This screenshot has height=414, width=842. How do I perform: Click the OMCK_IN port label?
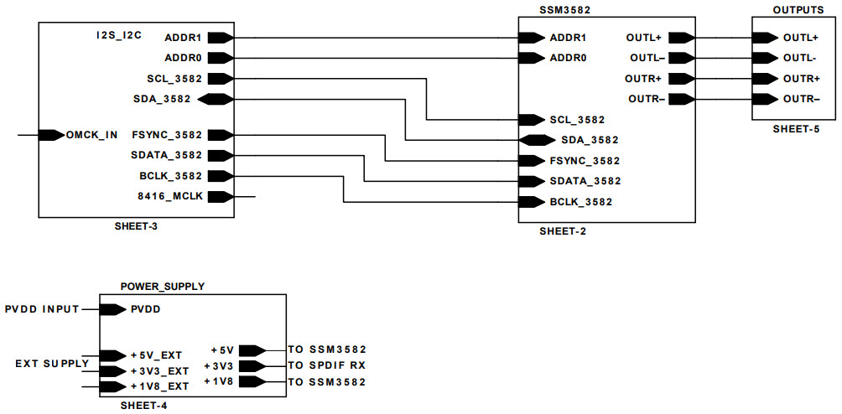point(92,135)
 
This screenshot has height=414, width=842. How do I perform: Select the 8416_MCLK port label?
point(169,197)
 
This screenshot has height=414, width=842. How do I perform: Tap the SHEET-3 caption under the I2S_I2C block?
point(137,227)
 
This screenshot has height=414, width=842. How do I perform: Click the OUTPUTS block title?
point(797,8)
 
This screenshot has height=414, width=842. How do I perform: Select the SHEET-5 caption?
point(796,129)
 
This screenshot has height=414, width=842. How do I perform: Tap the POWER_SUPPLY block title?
point(163,286)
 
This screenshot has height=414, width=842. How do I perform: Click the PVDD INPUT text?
point(42,309)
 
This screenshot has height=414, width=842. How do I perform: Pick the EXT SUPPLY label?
point(52,363)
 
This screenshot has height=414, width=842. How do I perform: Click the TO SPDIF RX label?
point(327,365)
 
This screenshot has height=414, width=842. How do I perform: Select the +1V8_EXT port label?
point(160,386)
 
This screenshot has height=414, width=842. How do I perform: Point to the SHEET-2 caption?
point(563,231)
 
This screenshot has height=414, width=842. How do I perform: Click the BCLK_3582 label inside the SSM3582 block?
point(580,202)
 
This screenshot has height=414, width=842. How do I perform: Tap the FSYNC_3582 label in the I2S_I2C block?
point(167,135)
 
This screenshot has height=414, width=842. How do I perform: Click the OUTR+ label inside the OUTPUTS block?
point(801,79)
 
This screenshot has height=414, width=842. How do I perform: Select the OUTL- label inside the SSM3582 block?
point(647,59)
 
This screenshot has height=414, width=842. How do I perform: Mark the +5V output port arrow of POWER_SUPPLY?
point(252,350)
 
